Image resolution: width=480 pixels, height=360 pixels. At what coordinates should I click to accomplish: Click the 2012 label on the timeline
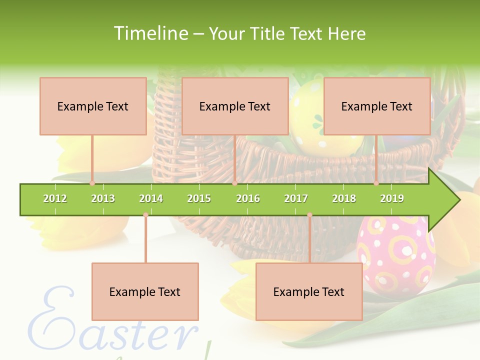pos(55,198)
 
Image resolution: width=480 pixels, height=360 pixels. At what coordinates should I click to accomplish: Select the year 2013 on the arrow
pos(103,198)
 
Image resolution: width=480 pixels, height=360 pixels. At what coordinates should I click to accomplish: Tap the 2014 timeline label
pos(151,198)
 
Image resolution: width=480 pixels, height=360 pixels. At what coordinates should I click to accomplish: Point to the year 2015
pos(199,198)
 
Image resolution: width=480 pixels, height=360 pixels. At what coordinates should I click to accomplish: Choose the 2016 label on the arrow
pos(248,198)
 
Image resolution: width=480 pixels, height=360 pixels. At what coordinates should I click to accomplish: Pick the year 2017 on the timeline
pos(296,198)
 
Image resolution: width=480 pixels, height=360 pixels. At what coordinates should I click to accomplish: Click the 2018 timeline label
pos(344,198)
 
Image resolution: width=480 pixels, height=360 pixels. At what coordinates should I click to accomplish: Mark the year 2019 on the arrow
pos(392,198)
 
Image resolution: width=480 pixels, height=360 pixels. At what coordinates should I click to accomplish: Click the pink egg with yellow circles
pos(395,255)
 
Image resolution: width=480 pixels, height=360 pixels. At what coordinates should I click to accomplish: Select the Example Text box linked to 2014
pos(145,291)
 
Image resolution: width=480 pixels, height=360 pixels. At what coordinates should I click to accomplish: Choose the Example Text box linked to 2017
pos(309,291)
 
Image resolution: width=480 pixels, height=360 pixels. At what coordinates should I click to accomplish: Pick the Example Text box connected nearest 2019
pos(377,106)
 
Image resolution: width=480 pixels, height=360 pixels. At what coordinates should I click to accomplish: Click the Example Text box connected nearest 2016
pos(235,106)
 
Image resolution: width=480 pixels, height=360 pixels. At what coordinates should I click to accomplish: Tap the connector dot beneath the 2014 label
pos(145,215)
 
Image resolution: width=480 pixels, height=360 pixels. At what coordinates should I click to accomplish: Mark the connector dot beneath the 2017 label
pos(309,215)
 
